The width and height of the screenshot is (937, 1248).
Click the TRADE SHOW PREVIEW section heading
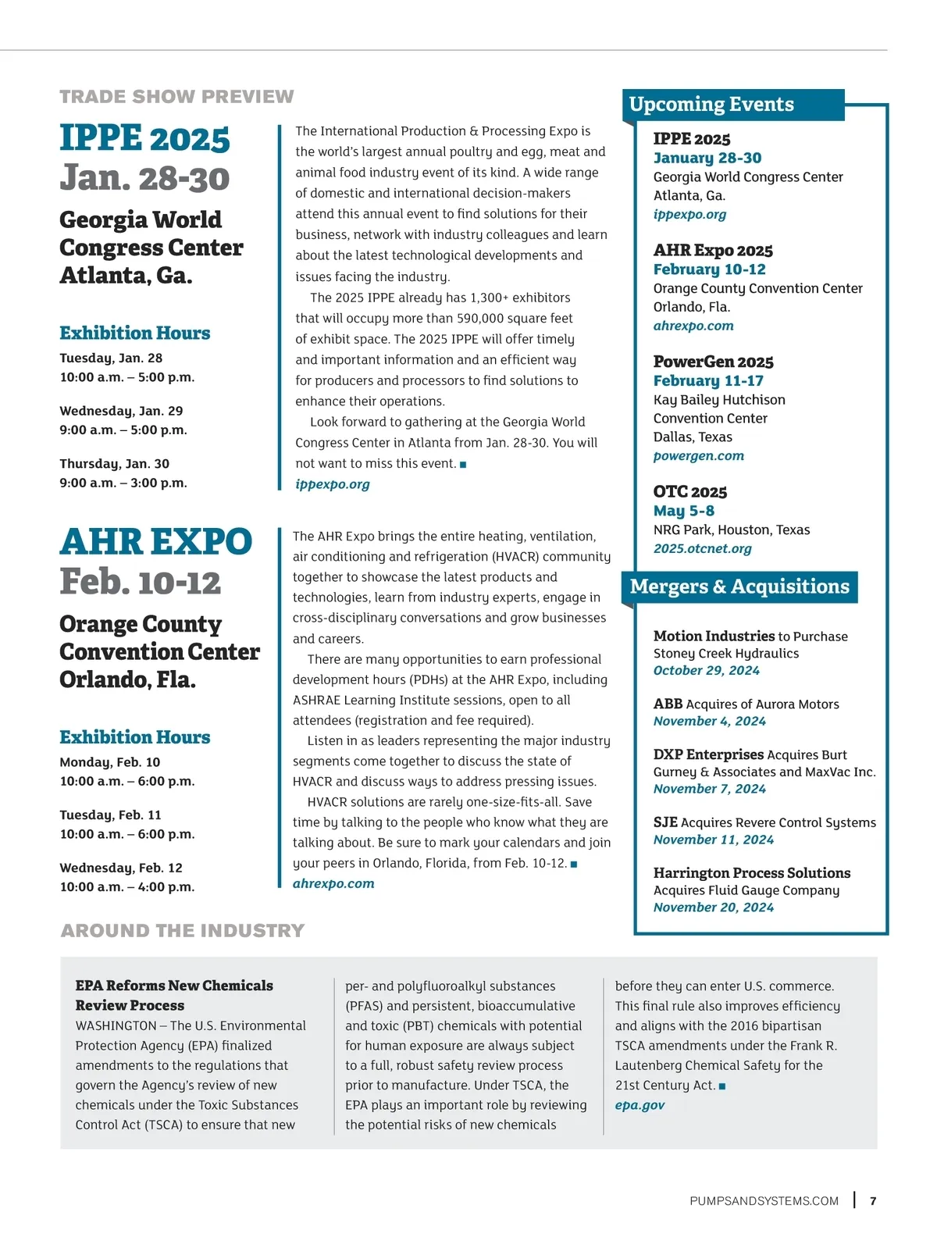[x=176, y=97]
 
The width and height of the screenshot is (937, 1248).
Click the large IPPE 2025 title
[x=145, y=139]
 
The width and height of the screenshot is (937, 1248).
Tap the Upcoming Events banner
[x=711, y=105]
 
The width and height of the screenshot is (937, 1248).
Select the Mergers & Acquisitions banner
[x=739, y=587]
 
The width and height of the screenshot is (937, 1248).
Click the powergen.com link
[x=698, y=456]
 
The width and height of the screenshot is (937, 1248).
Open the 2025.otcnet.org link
[x=702, y=548]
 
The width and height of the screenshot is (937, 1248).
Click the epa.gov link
[x=640, y=1105]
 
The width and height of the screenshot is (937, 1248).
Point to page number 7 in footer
[x=873, y=1201]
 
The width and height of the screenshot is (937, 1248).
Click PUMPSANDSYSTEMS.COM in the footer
[x=764, y=1201]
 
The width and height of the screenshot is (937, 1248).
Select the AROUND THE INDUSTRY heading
[x=183, y=931]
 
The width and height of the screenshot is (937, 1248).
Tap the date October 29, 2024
[x=706, y=671]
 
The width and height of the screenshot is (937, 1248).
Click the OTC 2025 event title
[x=689, y=492]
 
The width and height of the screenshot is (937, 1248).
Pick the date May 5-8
[x=683, y=511]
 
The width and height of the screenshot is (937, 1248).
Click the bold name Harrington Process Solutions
[x=751, y=873]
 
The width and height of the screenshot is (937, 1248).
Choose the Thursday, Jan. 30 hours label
[x=114, y=464]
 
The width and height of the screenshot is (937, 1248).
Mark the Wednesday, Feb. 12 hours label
[x=121, y=868]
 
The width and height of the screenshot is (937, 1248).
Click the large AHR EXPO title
[x=156, y=542]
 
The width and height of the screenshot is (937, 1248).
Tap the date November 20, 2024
[x=713, y=907]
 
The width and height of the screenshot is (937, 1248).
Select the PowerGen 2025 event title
[x=713, y=362]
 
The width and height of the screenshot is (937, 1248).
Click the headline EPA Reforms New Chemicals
[x=174, y=986]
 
